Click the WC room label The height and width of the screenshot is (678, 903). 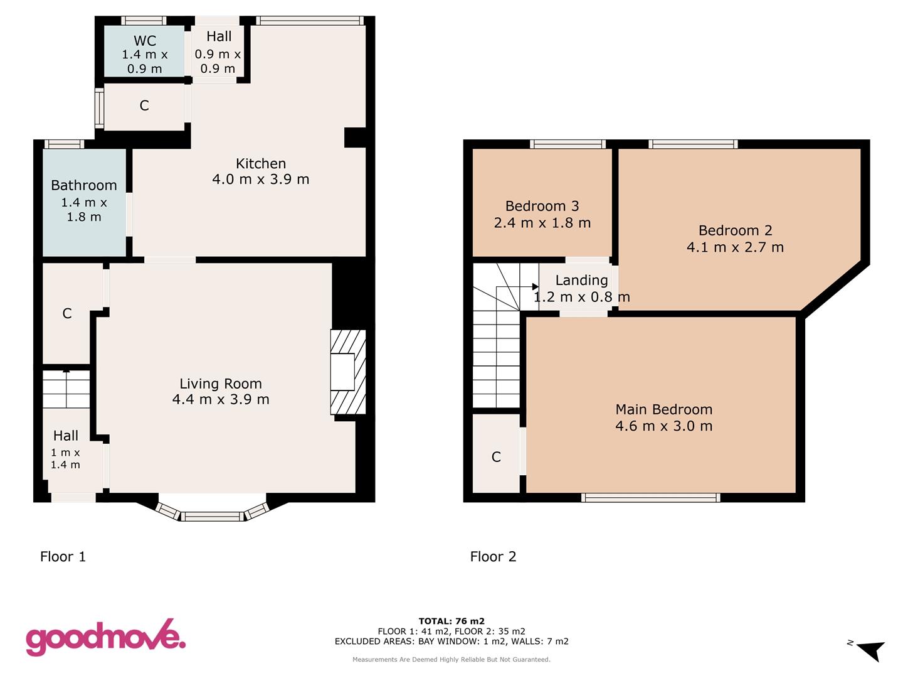pos(145,41)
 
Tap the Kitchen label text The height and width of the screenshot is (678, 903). pos(261,164)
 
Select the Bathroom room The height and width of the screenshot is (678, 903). pos(84,201)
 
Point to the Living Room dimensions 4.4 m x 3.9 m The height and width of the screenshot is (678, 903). pos(221,400)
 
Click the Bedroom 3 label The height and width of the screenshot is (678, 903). pos(542,206)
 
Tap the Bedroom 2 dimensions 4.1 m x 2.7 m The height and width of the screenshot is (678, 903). pos(735,247)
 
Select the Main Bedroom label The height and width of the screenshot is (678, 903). pos(663,409)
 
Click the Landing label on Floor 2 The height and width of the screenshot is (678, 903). pos(581,280)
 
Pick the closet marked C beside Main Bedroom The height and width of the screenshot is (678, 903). pos(496,456)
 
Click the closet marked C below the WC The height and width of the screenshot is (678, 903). pos(144,105)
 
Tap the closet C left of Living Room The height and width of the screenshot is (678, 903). pos(67,313)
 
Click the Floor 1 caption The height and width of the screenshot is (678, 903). pos(63,556)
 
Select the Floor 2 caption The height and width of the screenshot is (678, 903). pos(493,556)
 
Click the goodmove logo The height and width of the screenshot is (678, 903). pos(105,638)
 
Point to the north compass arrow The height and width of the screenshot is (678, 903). pos(869,650)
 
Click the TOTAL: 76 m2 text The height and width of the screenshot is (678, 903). pos(451,621)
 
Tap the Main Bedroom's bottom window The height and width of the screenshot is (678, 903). pos(650,498)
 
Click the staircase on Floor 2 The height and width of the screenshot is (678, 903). pos(496,339)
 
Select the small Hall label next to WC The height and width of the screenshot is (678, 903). pos(219,36)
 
